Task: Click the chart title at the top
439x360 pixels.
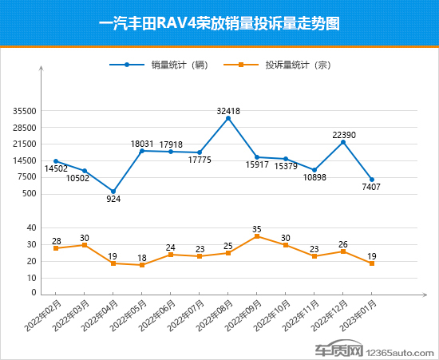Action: tap(219, 23)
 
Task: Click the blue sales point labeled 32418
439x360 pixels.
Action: tap(228, 118)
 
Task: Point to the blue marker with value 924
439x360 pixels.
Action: tap(113, 192)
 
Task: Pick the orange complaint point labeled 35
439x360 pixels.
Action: tap(257, 236)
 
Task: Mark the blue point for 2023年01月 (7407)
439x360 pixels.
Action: tap(372, 180)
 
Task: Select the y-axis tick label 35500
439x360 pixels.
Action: tap(25, 111)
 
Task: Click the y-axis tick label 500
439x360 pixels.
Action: tap(30, 193)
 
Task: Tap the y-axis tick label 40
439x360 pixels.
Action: tap(32, 227)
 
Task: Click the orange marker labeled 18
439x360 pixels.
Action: tap(142, 265)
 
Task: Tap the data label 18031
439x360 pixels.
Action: tap(142, 144)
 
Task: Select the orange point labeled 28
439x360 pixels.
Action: tap(56, 248)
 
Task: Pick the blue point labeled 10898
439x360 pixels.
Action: tap(314, 170)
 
